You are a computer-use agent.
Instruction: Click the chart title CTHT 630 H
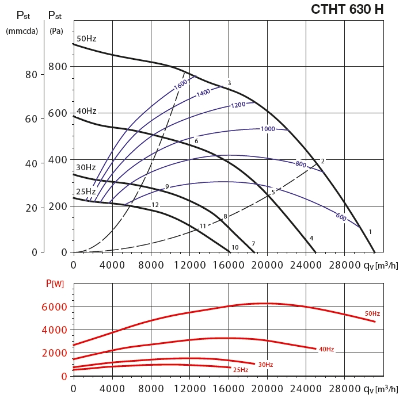(347, 9)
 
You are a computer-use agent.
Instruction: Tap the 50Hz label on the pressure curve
(86, 39)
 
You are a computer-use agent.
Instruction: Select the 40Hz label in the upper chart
(86, 111)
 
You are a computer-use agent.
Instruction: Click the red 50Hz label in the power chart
(372, 313)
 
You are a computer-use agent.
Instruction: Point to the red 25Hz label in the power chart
(241, 370)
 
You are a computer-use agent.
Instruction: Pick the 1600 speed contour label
(181, 83)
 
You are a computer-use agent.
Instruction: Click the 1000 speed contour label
(268, 129)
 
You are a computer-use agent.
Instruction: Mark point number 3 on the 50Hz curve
(229, 83)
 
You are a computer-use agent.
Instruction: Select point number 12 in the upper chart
(155, 205)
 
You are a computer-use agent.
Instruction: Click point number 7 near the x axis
(253, 244)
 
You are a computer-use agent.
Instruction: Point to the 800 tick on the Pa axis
(58, 67)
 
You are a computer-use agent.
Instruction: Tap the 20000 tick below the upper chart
(267, 264)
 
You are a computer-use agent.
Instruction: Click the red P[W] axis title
(55, 283)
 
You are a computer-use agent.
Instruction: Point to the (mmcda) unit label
(21, 31)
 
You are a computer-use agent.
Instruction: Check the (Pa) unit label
(56, 31)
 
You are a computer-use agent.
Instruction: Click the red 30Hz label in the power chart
(265, 365)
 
